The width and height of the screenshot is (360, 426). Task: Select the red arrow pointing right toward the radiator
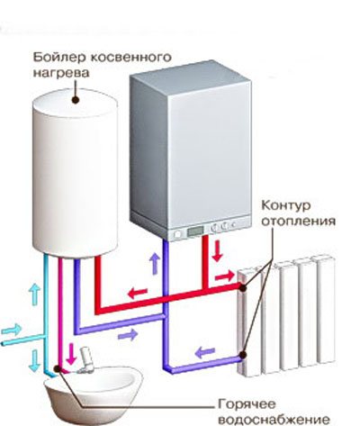tap(225, 276)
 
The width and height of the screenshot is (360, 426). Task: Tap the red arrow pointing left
tap(138, 293)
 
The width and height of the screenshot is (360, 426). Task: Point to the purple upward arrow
tap(155, 264)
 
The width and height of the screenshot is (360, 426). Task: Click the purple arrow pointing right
tap(128, 334)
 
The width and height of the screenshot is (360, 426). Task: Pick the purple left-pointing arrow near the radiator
tap(205, 352)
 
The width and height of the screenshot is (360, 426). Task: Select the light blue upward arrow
tap(35, 295)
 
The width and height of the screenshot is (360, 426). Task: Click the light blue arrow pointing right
tap(12, 330)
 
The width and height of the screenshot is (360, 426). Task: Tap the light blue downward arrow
tap(35, 360)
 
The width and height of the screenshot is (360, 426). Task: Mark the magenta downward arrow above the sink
tap(71, 354)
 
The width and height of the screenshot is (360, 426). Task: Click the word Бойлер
tap(59, 57)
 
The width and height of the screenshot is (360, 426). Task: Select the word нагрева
tap(61, 74)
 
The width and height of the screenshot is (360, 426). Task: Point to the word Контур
tap(286, 205)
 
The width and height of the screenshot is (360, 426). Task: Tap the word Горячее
tap(247, 404)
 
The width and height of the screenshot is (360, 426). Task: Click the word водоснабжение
tap(274, 419)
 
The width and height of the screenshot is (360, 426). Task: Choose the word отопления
tap(298, 222)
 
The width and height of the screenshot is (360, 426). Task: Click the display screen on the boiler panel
tap(195, 231)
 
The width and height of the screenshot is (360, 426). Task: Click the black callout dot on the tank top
tap(76, 100)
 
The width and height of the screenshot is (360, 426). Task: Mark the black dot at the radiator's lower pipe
tap(243, 355)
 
